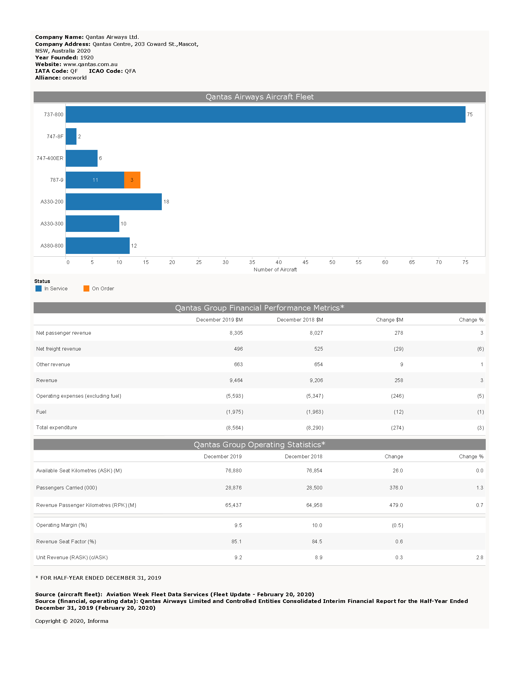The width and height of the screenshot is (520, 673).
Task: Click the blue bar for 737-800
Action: tap(265, 114)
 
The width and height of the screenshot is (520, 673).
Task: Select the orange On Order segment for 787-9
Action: tap(132, 180)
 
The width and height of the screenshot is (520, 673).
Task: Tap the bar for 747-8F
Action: tap(71, 136)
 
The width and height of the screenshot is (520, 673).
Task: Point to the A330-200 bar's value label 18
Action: tap(166, 202)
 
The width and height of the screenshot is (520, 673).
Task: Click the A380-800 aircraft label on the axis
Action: tap(52, 246)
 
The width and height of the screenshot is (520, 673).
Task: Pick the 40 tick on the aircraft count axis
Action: tap(278, 262)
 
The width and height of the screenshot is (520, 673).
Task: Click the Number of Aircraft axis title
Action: tap(275, 270)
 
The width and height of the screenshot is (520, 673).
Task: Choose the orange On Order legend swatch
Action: tap(86, 288)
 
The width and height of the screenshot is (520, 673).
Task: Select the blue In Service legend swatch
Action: tap(39, 288)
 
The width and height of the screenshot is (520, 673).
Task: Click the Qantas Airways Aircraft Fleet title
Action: tap(259, 97)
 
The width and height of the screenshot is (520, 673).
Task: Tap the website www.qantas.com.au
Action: tap(90, 65)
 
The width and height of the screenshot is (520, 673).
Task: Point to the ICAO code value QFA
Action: tap(130, 71)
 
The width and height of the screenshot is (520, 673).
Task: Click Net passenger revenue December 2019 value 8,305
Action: tap(236, 333)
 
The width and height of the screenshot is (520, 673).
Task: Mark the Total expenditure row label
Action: tap(57, 427)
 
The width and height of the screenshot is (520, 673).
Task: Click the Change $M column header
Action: tap(389, 320)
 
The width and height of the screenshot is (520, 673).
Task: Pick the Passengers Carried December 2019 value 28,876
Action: tap(233, 488)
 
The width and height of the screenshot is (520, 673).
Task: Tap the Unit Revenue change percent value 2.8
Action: tap(479, 557)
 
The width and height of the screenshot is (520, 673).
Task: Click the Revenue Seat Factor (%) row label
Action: tap(66, 541)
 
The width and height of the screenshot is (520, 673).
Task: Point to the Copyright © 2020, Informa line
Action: tap(72, 621)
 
